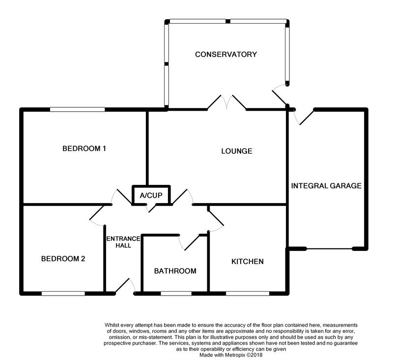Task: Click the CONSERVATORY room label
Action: (x=225, y=54)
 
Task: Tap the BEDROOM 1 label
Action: (x=84, y=148)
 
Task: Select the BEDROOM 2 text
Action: (x=63, y=258)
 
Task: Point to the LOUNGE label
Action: (x=236, y=151)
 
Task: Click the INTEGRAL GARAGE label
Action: (x=326, y=186)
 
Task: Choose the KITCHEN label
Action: (x=248, y=261)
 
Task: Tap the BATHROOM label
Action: (x=175, y=271)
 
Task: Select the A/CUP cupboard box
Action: (x=151, y=195)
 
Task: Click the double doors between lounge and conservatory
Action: (x=226, y=102)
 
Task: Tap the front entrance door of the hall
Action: (x=127, y=287)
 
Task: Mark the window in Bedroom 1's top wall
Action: (x=77, y=109)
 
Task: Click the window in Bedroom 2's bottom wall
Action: (x=63, y=294)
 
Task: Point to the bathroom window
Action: (x=176, y=294)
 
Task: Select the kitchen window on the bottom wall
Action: (x=247, y=294)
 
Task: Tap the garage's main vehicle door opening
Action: (x=329, y=248)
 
